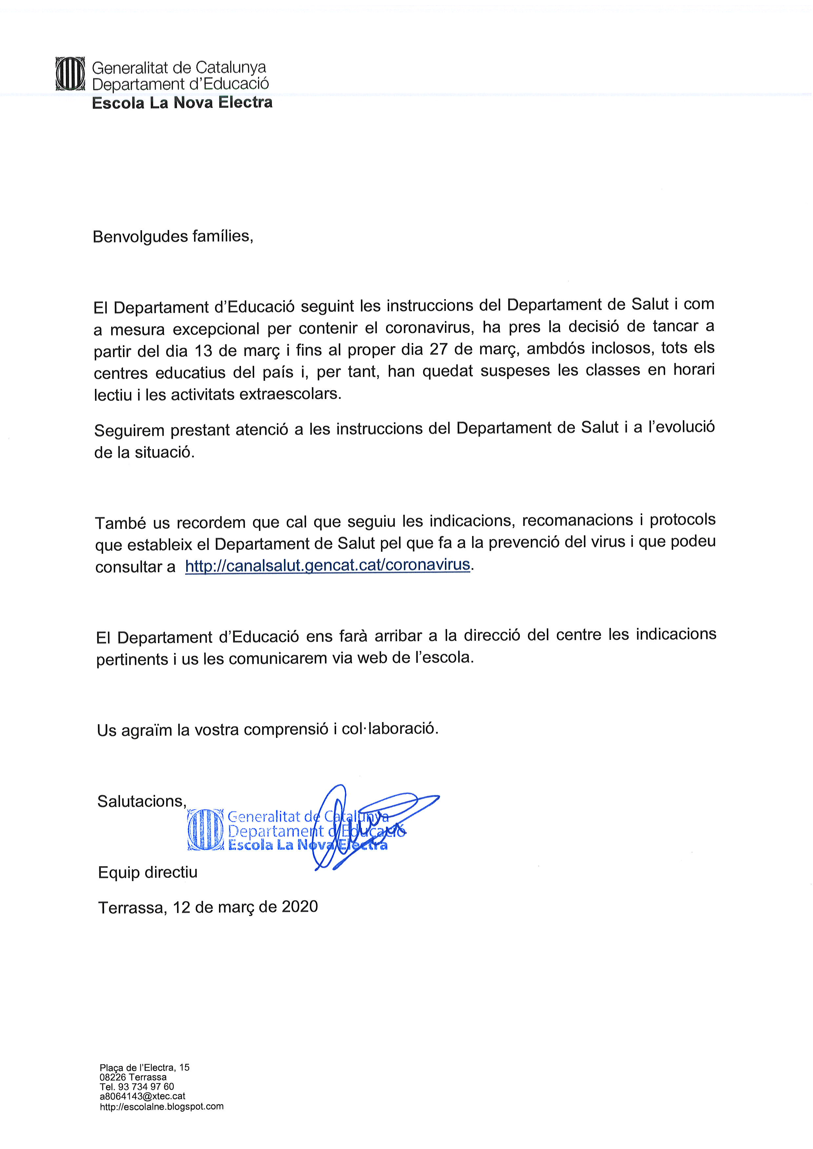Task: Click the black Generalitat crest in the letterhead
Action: pyautogui.click(x=69, y=74)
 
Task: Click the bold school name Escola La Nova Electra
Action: pyautogui.click(x=182, y=103)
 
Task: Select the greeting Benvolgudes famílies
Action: pyautogui.click(x=173, y=236)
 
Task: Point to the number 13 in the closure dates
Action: pyautogui.click(x=204, y=351)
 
